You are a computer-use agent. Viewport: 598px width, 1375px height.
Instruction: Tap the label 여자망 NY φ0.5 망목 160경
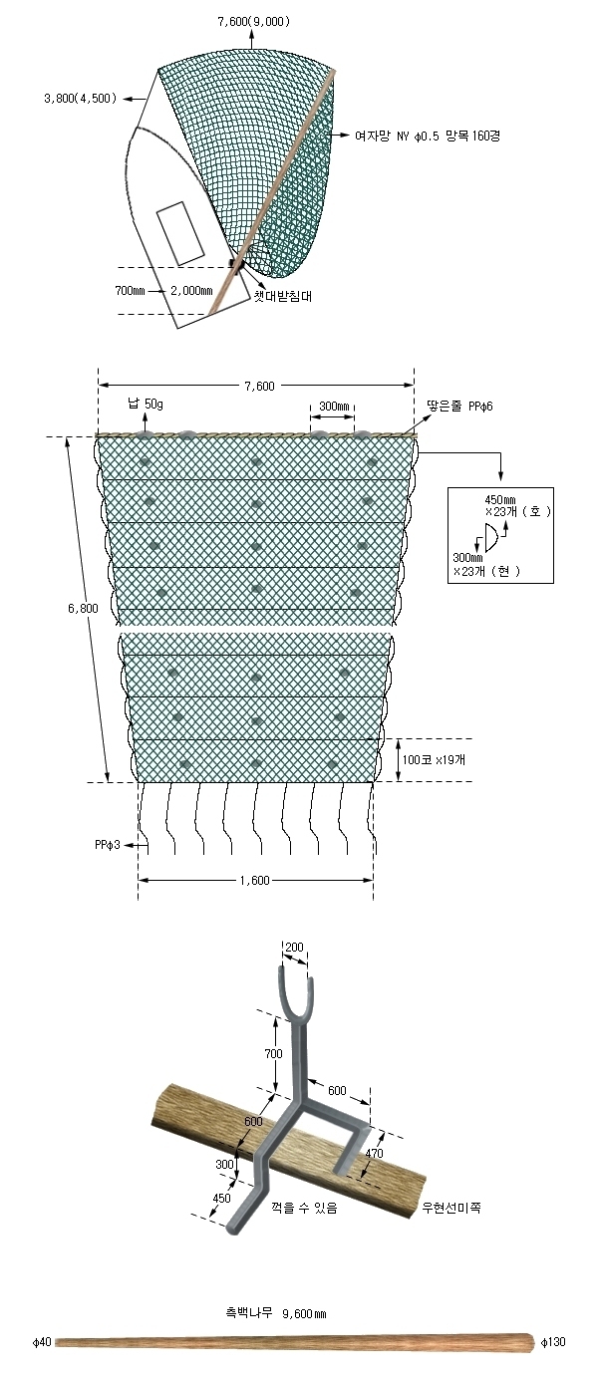click(x=428, y=136)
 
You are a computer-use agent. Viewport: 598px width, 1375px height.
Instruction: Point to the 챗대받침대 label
click(x=283, y=296)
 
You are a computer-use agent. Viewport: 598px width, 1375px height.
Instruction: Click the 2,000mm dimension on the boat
click(x=191, y=291)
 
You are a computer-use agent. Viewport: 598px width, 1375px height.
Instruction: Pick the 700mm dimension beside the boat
click(x=130, y=291)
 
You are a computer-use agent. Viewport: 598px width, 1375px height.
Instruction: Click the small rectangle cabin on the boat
click(x=179, y=234)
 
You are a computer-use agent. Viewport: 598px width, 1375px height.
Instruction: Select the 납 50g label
click(x=145, y=404)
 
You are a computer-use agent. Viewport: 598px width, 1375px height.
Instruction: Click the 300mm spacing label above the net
click(x=334, y=407)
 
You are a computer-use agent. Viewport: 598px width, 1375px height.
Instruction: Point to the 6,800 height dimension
click(x=83, y=609)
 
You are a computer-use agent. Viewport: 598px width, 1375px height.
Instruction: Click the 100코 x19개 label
click(x=434, y=759)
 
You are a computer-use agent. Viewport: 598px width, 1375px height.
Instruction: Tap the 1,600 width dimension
click(x=254, y=880)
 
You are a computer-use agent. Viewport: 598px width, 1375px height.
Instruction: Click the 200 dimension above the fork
click(x=295, y=948)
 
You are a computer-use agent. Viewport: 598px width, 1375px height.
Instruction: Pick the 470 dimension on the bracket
click(x=374, y=1154)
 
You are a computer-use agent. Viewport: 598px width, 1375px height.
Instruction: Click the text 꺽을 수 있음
click(x=304, y=1208)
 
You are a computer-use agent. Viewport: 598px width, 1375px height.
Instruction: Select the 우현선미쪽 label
click(x=451, y=1208)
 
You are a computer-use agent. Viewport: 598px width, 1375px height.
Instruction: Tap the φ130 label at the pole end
click(x=553, y=1360)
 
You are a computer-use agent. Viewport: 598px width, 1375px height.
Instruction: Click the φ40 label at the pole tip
click(x=42, y=1360)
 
